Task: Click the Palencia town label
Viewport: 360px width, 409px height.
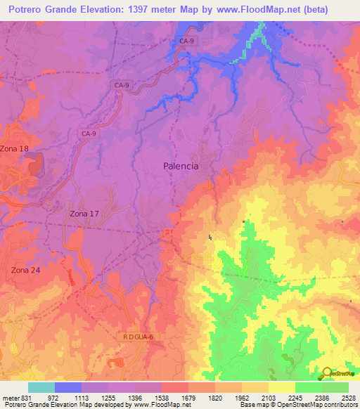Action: tap(180, 166)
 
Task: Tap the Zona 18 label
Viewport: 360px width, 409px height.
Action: tap(15, 148)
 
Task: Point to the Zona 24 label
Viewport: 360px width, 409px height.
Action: tap(25, 270)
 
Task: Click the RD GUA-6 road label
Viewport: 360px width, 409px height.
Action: tap(139, 337)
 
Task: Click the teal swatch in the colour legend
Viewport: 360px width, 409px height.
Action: tap(41, 387)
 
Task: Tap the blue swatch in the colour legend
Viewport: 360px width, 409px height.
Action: tap(68, 387)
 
